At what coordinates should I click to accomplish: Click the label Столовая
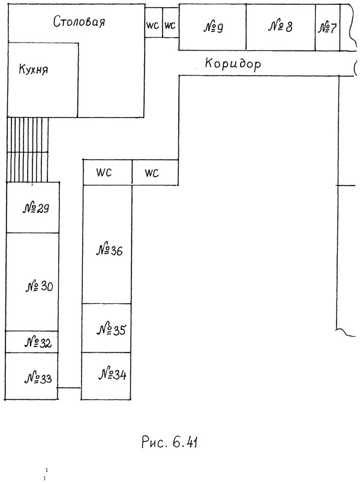click(x=79, y=22)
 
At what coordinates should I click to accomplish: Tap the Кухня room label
click(x=34, y=69)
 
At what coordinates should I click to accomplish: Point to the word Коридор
click(x=233, y=64)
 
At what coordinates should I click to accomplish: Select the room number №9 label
click(x=213, y=28)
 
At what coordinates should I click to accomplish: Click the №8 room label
click(x=280, y=26)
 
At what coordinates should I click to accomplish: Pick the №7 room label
click(x=327, y=28)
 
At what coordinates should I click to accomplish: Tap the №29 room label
click(x=36, y=208)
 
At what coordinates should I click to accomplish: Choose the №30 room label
click(x=39, y=287)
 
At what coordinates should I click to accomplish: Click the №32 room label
click(x=38, y=343)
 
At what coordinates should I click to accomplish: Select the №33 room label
click(x=38, y=378)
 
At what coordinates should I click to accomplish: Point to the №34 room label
click(x=112, y=375)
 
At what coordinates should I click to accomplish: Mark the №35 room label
click(x=112, y=330)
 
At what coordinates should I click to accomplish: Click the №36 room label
click(x=110, y=250)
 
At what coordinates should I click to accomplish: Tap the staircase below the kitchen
click(x=28, y=150)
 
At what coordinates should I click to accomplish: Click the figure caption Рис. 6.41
click(x=170, y=443)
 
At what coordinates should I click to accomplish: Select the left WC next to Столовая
click(x=152, y=25)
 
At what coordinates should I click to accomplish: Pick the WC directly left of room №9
click(x=170, y=25)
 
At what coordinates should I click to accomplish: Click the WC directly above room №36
click(x=104, y=172)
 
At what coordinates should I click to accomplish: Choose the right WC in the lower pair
click(x=151, y=174)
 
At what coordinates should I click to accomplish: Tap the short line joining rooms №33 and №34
click(x=70, y=388)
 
